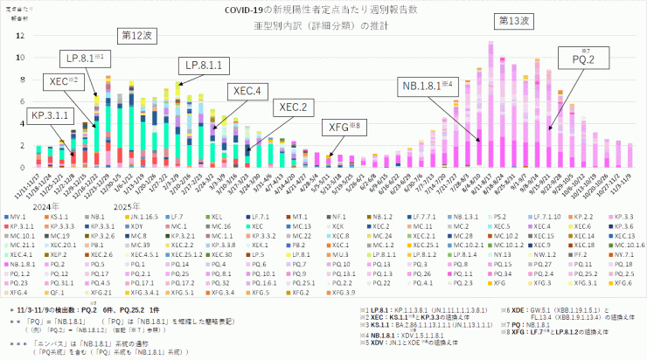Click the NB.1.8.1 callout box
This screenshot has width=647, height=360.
click(x=427, y=86)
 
